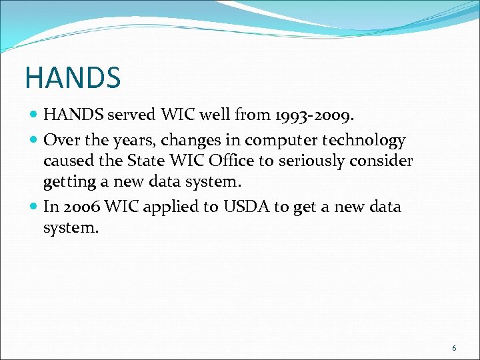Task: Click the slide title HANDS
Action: click(x=73, y=77)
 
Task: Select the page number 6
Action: click(x=454, y=348)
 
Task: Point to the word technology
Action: click(x=364, y=141)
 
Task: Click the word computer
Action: click(x=278, y=141)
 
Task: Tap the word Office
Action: click(x=229, y=161)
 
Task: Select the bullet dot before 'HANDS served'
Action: click(x=34, y=115)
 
